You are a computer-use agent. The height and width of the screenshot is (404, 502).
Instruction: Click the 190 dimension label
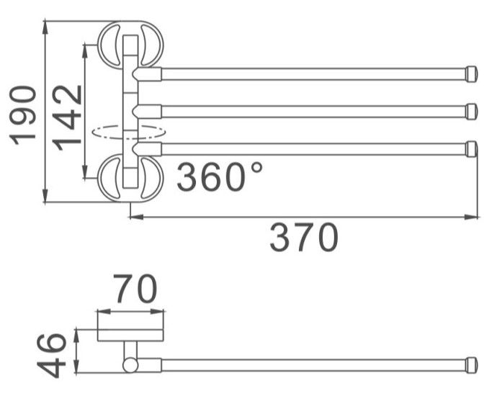tap(23, 115)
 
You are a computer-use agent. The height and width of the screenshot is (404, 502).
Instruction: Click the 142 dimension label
tap(67, 118)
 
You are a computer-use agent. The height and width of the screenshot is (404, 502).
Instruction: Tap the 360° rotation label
tap(219, 176)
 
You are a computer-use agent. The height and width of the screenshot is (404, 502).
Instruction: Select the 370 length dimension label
tap(304, 237)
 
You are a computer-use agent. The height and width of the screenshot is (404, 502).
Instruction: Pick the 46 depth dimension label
tap(52, 356)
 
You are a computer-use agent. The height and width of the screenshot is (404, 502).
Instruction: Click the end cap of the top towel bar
tap(472, 74)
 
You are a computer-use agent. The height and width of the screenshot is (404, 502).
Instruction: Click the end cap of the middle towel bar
tap(472, 112)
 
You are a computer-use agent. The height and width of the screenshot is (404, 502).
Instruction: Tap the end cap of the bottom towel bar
tap(472, 149)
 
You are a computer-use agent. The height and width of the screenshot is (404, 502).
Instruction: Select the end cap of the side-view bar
tap(472, 365)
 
